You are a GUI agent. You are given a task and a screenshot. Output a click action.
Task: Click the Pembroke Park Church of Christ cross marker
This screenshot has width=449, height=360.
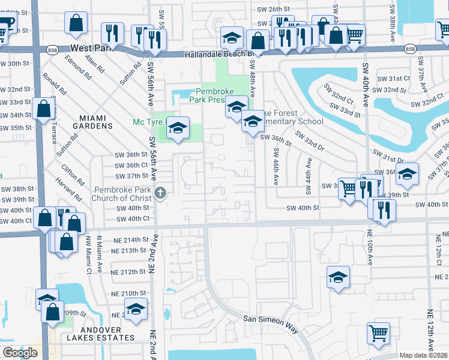[x=160, y=193]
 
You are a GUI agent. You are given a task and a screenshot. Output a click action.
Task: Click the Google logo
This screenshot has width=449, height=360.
[x=20, y=353]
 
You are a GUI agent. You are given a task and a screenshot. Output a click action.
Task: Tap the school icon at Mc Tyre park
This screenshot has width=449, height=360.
[x=178, y=128]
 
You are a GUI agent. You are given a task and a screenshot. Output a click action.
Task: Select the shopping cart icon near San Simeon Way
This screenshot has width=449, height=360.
[x=378, y=333]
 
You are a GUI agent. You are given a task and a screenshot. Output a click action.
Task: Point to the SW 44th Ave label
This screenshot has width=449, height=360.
[x=309, y=171]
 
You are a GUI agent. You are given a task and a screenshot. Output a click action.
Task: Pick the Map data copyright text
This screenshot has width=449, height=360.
[x=424, y=356]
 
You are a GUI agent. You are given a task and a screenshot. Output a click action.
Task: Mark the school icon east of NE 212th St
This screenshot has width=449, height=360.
[x=338, y=277]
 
